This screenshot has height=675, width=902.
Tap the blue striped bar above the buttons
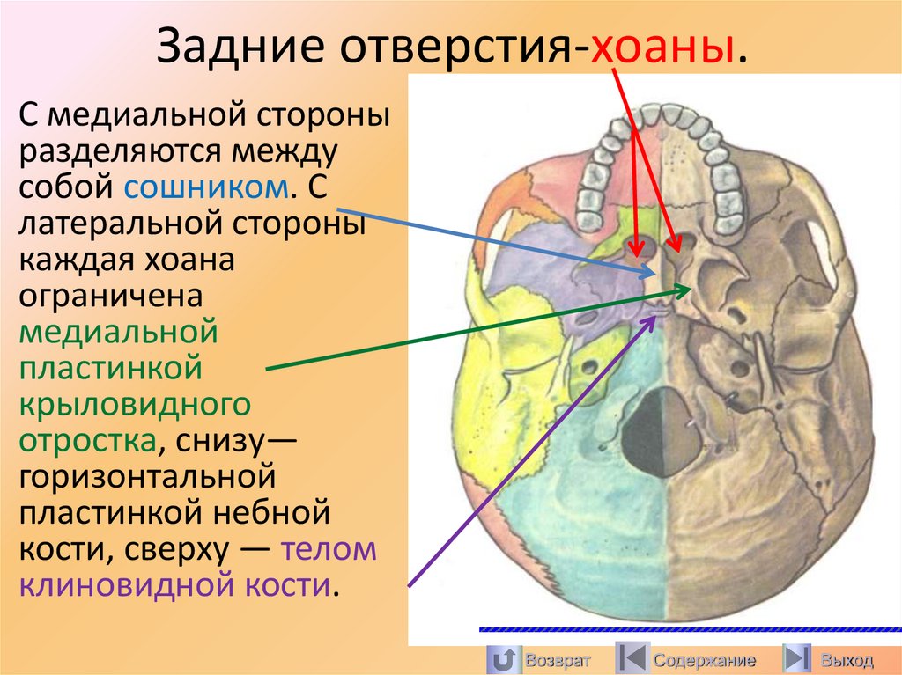690,629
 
